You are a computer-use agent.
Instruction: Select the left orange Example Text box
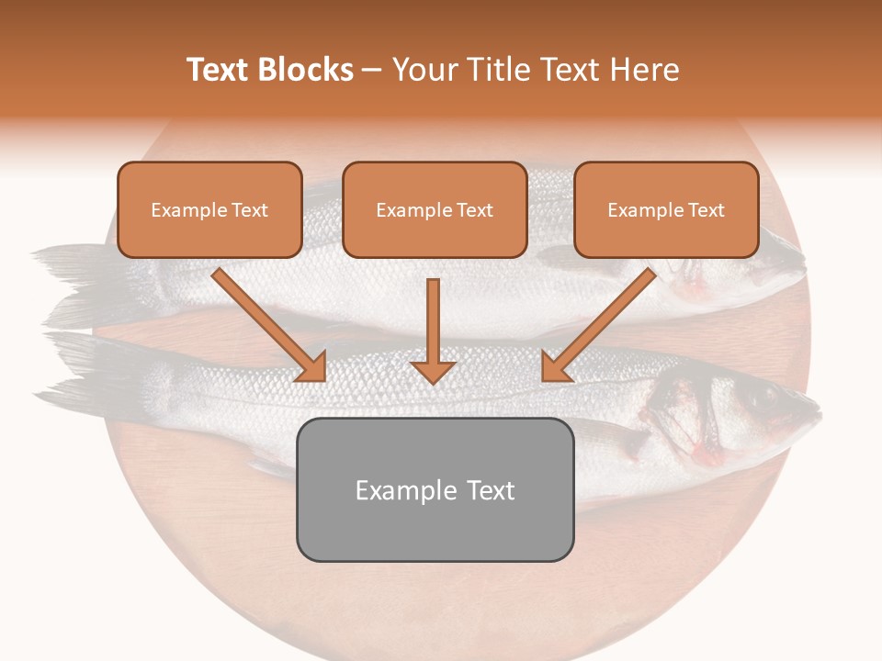(209, 209)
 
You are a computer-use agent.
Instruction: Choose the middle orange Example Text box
(435, 209)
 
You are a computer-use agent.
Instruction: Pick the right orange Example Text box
(666, 209)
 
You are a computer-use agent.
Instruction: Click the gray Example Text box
(435, 489)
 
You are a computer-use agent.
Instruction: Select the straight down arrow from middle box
(433, 330)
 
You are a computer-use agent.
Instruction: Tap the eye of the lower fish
(759, 394)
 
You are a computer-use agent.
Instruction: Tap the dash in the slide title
(372, 70)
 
